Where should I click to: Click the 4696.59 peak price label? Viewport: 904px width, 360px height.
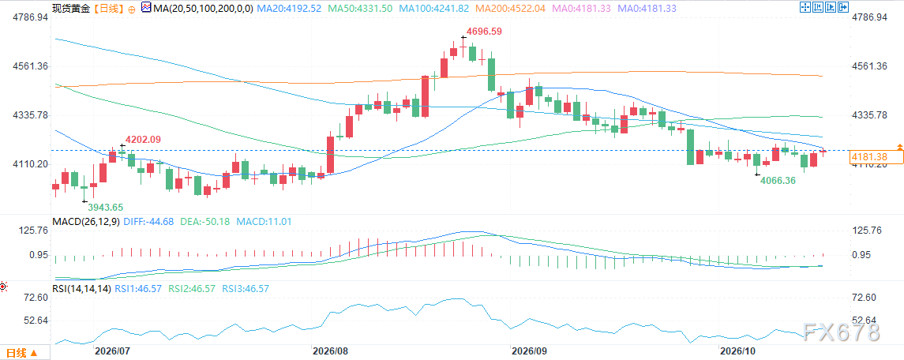click(484, 32)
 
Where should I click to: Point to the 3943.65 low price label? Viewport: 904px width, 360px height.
click(106, 207)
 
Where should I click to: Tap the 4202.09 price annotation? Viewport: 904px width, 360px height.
click(144, 139)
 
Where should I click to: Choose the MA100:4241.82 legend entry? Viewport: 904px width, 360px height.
click(437, 8)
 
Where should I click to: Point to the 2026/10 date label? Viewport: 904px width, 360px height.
click(738, 351)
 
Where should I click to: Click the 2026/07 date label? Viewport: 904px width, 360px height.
click(112, 351)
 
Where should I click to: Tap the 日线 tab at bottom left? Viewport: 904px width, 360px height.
click(22, 352)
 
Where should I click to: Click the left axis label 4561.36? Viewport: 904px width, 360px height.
click(30, 66)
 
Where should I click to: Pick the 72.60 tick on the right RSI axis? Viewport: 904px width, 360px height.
click(864, 298)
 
